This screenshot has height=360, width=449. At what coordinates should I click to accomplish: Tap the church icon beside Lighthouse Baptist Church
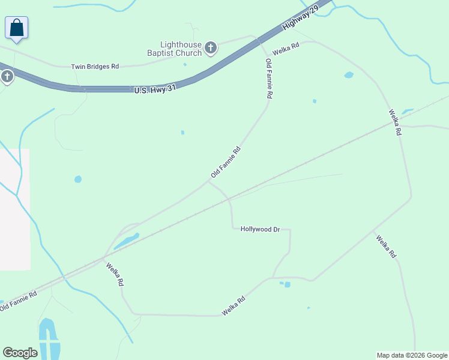click(x=211, y=48)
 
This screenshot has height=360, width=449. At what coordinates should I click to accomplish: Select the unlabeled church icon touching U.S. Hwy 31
click(x=7, y=76)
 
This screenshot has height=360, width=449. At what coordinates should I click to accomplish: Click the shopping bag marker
click(x=17, y=28)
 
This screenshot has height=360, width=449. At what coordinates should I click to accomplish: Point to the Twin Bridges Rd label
click(x=95, y=67)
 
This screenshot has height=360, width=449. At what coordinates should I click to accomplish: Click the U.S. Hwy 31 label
click(x=155, y=89)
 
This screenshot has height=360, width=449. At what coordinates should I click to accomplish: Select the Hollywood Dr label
click(x=260, y=229)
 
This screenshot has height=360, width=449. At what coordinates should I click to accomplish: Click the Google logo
click(x=20, y=353)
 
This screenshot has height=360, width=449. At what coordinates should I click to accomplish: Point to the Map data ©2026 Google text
click(x=412, y=355)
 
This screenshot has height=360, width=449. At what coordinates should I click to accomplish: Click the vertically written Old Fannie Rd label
click(x=270, y=79)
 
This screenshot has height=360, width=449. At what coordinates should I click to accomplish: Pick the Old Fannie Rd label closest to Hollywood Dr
click(x=226, y=162)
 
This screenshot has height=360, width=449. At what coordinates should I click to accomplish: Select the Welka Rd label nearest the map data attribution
click(x=386, y=247)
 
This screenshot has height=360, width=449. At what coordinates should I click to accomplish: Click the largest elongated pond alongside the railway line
click(x=126, y=241)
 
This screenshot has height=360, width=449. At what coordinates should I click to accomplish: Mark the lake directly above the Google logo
click(x=47, y=336)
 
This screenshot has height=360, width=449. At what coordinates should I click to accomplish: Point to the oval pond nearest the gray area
click(x=78, y=179)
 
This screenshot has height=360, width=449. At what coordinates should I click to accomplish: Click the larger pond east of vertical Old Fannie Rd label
click(x=349, y=75)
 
